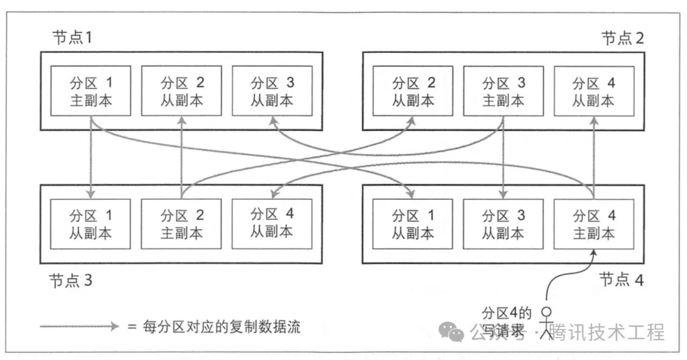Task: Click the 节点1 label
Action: click(72, 37)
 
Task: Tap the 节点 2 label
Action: click(622, 37)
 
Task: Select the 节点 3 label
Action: click(71, 280)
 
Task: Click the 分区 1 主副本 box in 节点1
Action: click(90, 91)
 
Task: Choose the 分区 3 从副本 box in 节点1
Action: click(272, 91)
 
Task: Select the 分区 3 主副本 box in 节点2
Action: click(503, 91)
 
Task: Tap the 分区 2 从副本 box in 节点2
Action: click(413, 91)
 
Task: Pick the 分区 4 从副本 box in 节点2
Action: click(593, 91)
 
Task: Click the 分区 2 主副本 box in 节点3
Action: click(181, 224)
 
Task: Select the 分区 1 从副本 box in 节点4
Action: click(413, 224)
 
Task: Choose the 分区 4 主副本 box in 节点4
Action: click(593, 224)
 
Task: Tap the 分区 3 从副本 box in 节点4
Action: click(503, 224)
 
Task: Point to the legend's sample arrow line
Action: click(79, 326)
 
